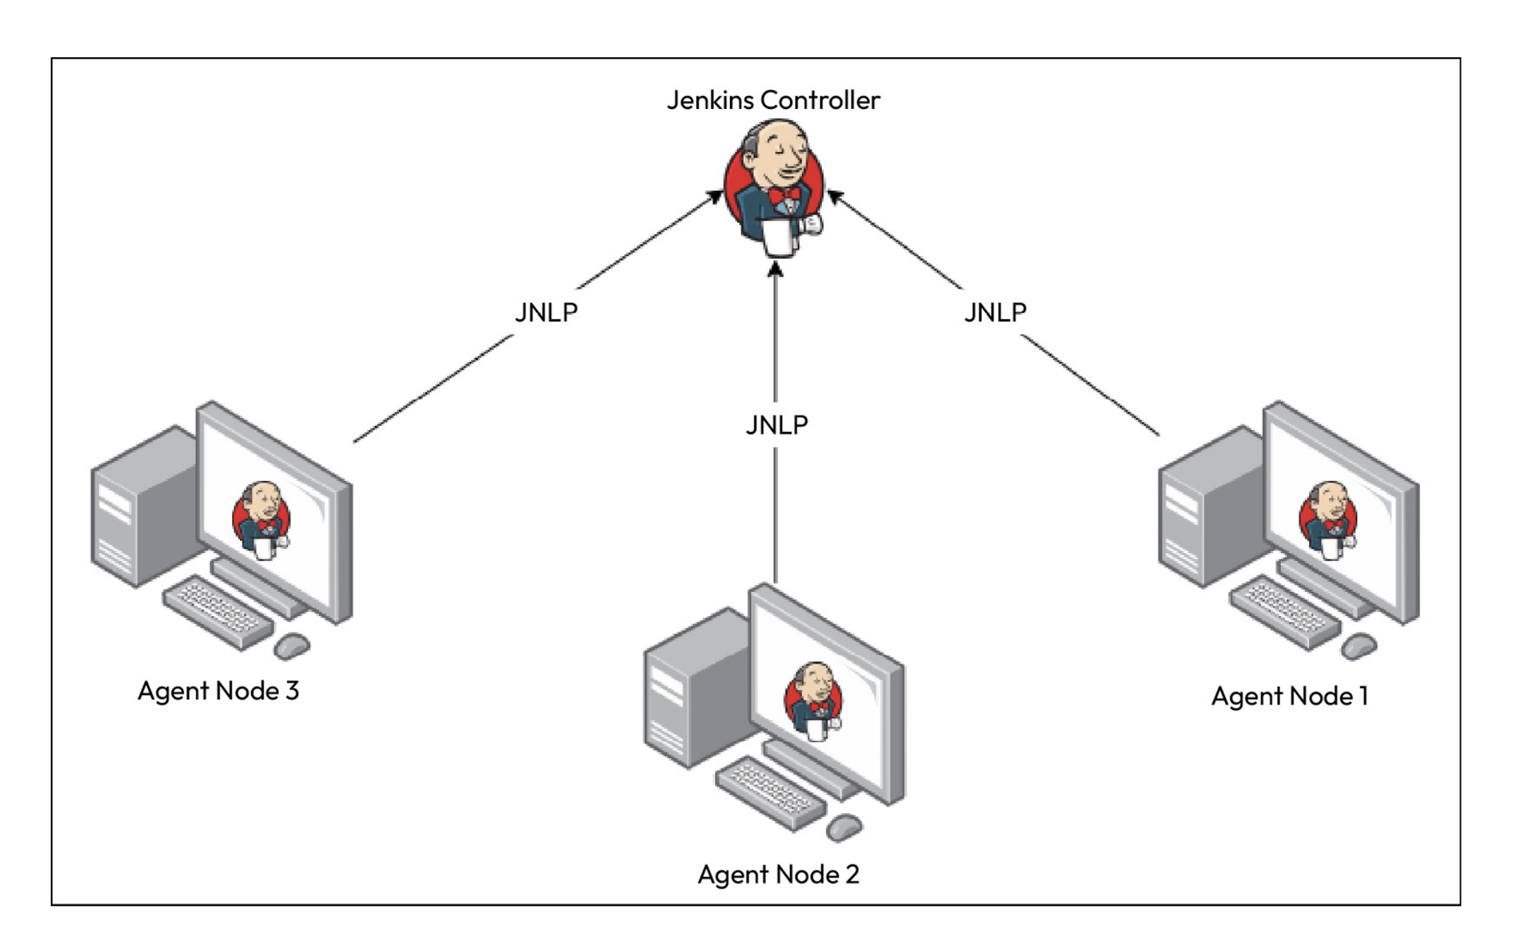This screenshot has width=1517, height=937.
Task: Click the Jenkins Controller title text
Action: point(773,100)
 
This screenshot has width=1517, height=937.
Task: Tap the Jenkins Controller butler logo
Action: point(774,187)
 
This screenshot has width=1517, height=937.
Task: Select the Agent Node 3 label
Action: point(218,691)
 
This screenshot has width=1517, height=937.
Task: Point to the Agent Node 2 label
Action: point(778,875)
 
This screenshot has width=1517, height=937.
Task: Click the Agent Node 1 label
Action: point(1289,697)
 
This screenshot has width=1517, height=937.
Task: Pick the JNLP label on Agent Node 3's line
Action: point(546,312)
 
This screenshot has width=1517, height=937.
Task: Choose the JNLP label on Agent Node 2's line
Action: point(777,425)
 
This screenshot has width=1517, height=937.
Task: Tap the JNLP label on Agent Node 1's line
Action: point(995,312)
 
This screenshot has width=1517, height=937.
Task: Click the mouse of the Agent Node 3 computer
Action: point(291,645)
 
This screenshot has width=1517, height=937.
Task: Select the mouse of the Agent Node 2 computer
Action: point(844,827)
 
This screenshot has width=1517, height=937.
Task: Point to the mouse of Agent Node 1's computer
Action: point(1359,645)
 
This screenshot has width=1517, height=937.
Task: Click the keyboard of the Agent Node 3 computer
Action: point(218,612)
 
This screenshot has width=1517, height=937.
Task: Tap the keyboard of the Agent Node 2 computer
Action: point(770,793)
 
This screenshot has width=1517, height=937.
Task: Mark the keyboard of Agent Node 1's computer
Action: point(1285,612)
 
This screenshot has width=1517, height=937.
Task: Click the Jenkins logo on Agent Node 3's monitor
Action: point(262,520)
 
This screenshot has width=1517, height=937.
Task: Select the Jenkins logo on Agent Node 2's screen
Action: point(813,700)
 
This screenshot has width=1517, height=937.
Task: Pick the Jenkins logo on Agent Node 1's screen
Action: point(1328,520)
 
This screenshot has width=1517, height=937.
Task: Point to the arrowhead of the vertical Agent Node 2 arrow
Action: point(775,269)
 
